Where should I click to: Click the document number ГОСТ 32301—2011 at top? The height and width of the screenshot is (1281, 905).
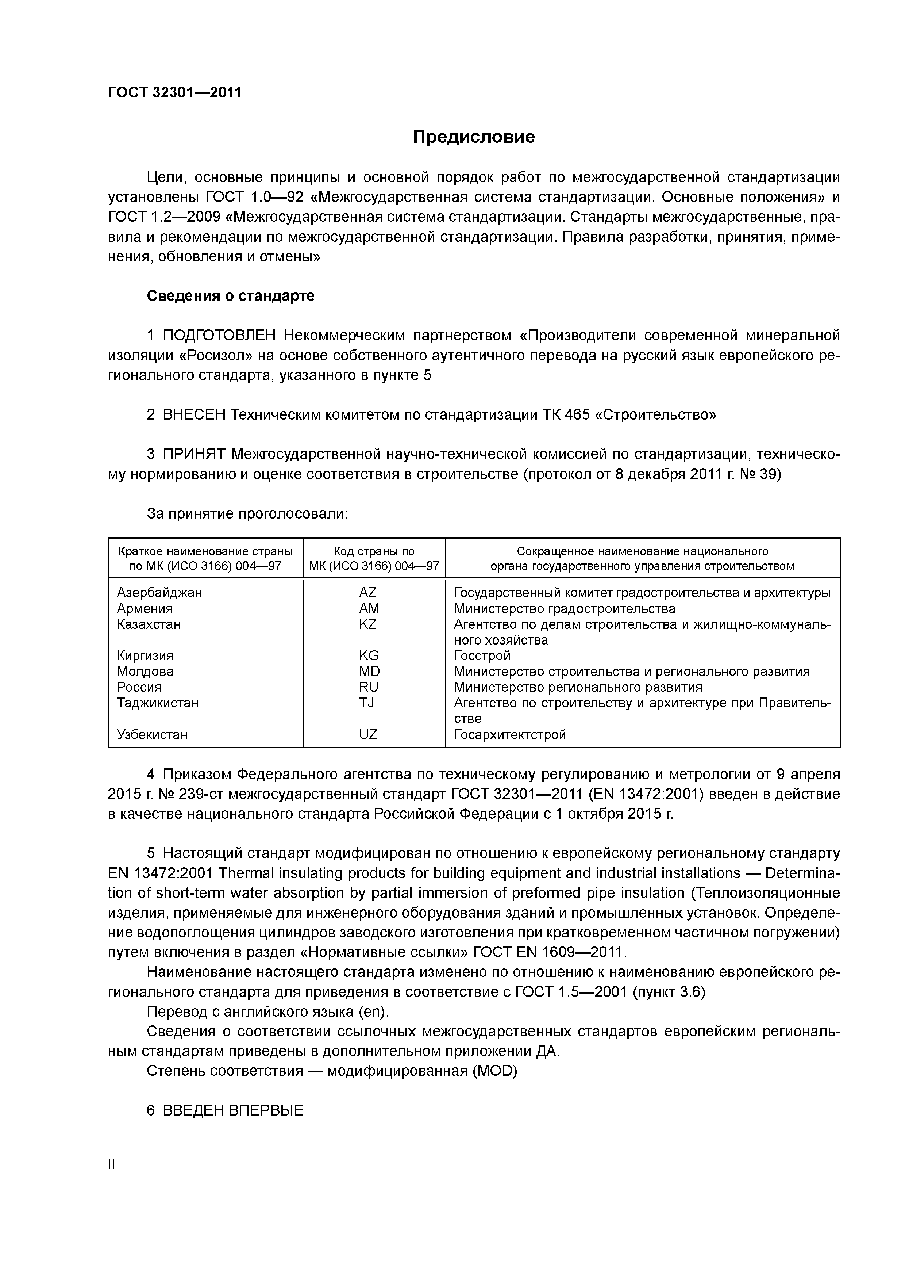coord(174,93)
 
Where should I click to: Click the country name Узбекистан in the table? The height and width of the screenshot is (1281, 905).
coord(152,734)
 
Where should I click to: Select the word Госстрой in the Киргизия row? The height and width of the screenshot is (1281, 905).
coord(482,655)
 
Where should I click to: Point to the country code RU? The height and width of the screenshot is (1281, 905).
coord(369,687)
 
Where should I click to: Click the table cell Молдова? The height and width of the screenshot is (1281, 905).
coord(145,671)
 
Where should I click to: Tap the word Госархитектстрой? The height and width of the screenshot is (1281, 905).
coord(510,734)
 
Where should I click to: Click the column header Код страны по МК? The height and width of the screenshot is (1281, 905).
coord(374,558)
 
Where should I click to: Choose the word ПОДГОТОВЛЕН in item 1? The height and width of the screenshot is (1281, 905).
coord(219,335)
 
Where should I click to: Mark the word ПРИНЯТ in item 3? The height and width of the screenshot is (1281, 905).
coord(194,454)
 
